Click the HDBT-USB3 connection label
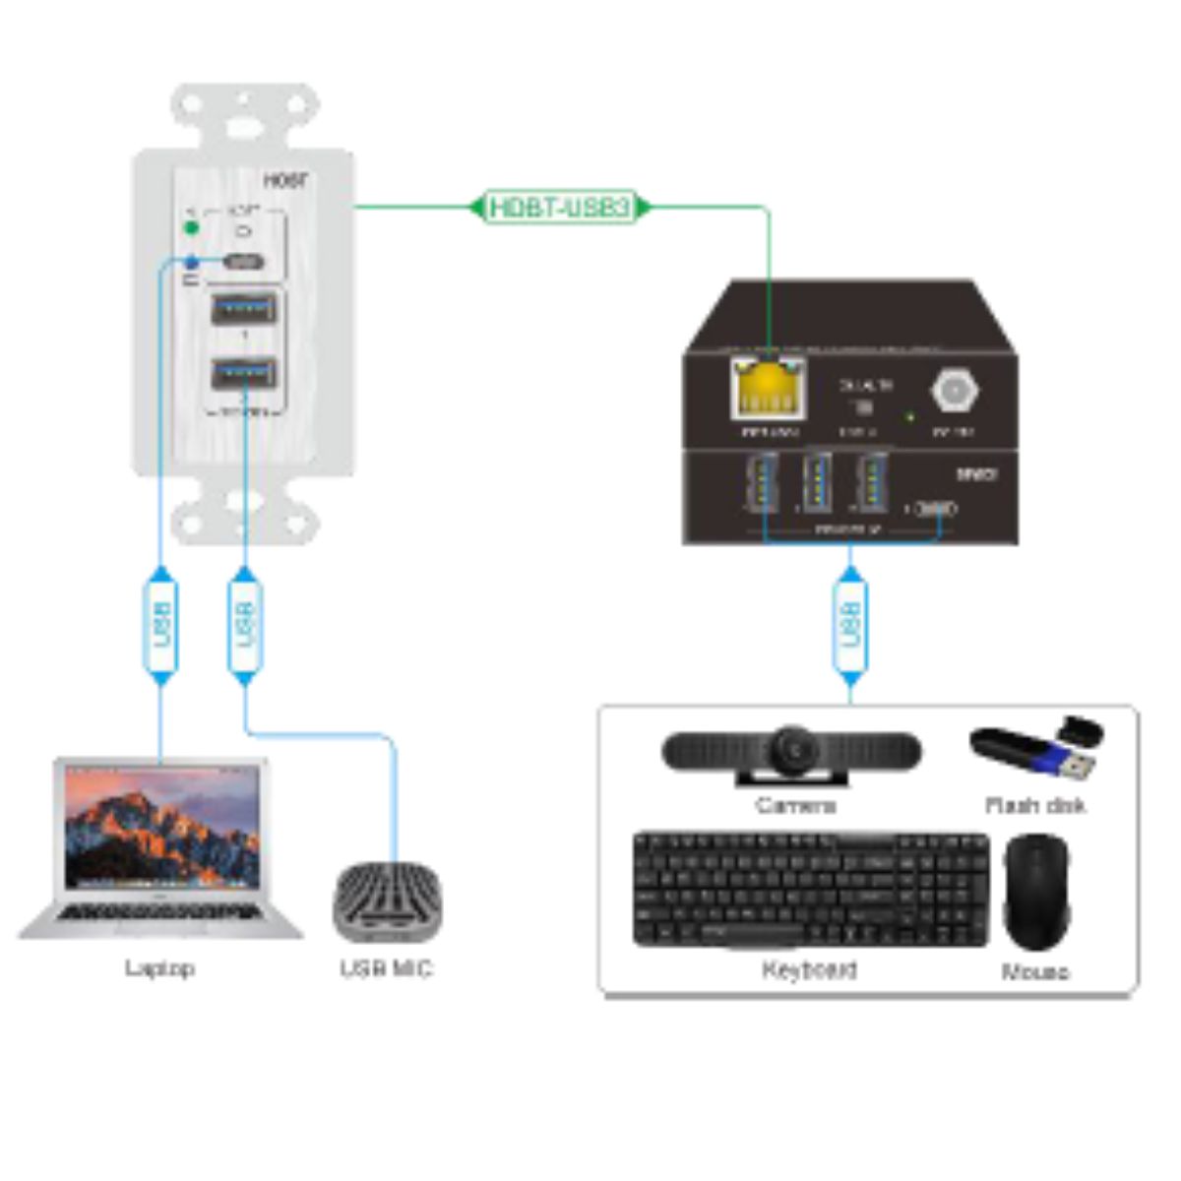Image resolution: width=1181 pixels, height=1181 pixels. [x=560, y=208]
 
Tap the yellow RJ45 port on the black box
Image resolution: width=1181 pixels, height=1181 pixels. [x=768, y=391]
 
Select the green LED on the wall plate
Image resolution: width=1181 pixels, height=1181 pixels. [x=192, y=228]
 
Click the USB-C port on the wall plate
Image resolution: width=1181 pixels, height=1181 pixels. [x=243, y=263]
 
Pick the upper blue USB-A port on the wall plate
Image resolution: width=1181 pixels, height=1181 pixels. [x=243, y=309]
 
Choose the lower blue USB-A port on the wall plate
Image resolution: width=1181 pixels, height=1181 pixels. [x=243, y=374]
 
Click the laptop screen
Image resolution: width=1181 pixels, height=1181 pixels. [x=161, y=827]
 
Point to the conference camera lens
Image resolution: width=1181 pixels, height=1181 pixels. [x=793, y=750]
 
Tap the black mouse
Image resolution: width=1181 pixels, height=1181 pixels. [x=1035, y=891]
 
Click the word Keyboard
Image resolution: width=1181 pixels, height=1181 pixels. [x=809, y=969]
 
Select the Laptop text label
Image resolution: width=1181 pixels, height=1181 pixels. [x=159, y=968]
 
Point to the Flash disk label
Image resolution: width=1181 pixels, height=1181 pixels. [x=1035, y=805]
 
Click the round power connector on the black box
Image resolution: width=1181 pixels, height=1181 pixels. [x=953, y=391]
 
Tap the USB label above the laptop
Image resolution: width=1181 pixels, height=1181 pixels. [x=161, y=624]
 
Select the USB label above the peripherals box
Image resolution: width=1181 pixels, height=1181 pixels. [x=850, y=624]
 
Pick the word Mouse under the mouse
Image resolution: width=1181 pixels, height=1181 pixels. [x=1035, y=972]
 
